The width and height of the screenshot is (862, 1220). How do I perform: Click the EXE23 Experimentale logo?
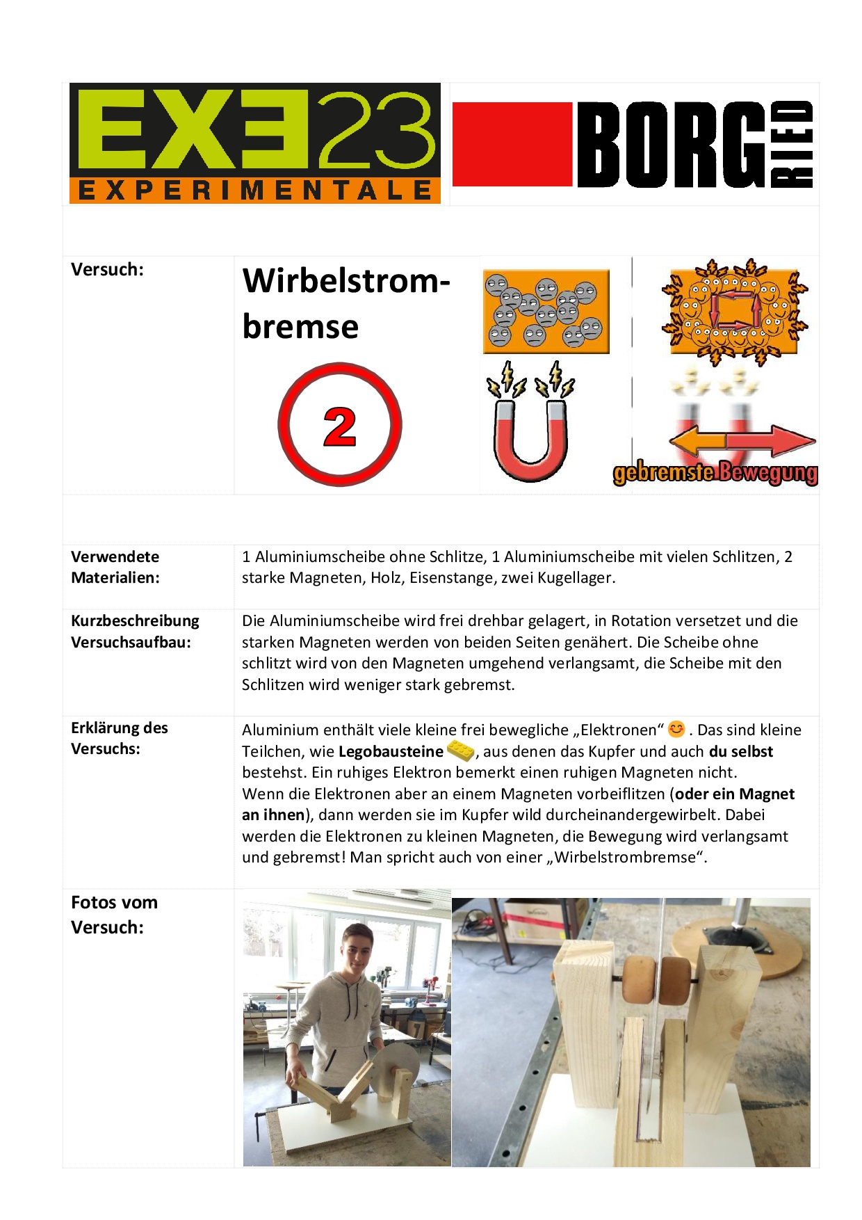click(254, 143)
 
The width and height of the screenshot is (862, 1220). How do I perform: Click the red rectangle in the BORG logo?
click(512, 145)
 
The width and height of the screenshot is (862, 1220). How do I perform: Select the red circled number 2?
click(340, 425)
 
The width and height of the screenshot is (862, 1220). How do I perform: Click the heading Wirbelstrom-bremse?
click(345, 303)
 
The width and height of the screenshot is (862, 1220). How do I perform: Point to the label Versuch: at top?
click(107, 270)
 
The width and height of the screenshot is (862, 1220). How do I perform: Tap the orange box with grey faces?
click(546, 311)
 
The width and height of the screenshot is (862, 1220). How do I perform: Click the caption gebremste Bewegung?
click(715, 473)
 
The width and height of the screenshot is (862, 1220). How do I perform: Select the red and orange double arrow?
click(742, 442)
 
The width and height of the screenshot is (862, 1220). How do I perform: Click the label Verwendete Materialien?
click(115, 567)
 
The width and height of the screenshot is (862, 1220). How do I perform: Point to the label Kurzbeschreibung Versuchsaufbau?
click(135, 632)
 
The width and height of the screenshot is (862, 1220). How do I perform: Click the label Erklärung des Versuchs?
click(120, 738)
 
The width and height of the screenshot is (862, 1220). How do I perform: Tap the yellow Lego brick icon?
click(460, 751)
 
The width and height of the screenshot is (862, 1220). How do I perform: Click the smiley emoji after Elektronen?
click(676, 729)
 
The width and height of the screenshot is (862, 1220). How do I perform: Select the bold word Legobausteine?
click(391, 752)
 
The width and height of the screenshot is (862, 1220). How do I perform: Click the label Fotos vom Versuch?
click(114, 915)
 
